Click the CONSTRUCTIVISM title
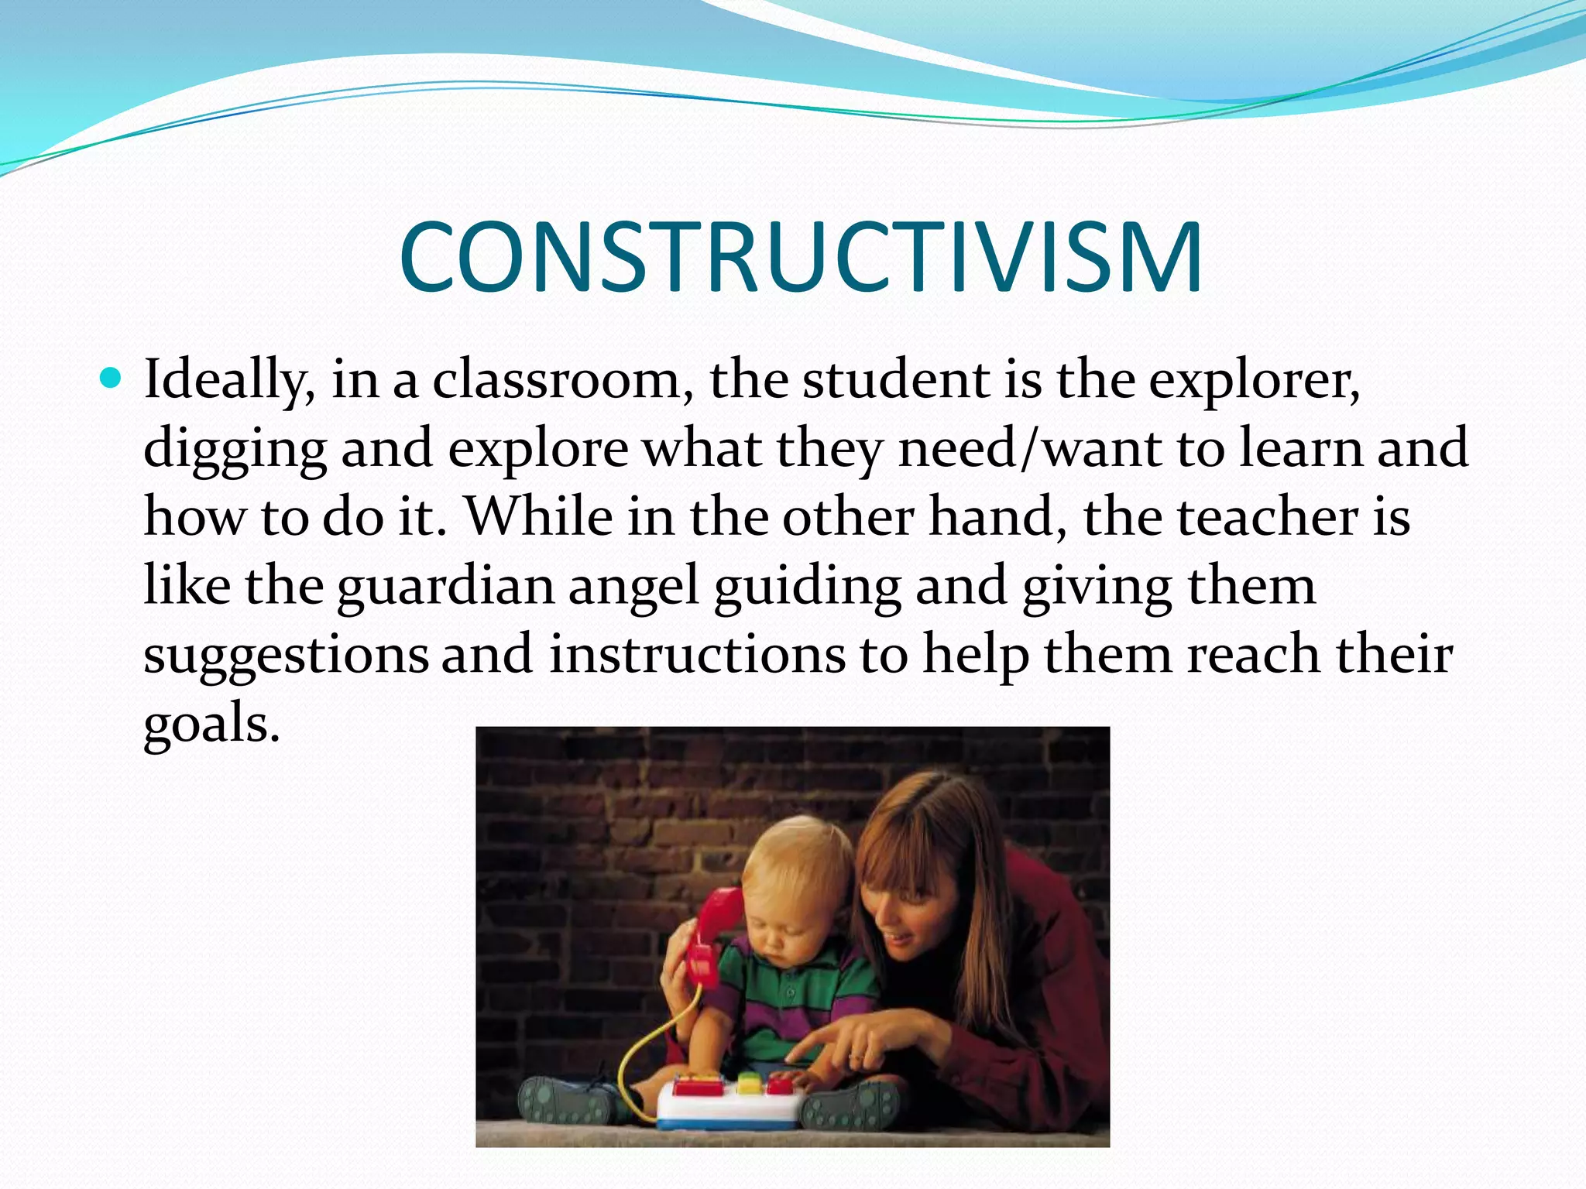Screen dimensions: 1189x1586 point(801,257)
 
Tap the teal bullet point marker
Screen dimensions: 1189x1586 point(111,379)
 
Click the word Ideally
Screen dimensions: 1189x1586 point(229,381)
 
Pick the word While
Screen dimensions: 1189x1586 point(538,516)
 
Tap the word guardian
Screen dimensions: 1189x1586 point(445,586)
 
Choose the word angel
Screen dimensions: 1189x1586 point(633,586)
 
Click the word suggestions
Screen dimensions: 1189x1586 point(286,655)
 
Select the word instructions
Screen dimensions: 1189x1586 point(697,653)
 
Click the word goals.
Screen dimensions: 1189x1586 point(211,724)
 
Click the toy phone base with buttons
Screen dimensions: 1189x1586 point(728,1099)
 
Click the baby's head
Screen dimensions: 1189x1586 point(798,882)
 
